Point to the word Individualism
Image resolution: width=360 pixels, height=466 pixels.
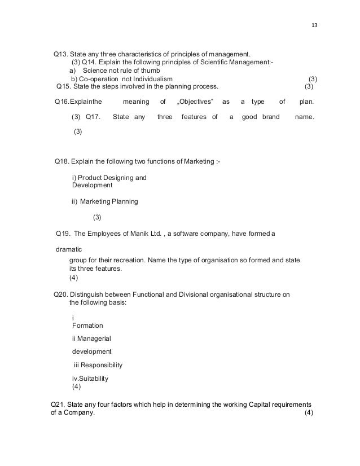tap(148, 79)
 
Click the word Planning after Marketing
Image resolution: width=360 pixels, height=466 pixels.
tap(125, 201)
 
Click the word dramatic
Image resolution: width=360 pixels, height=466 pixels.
tap(69, 249)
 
